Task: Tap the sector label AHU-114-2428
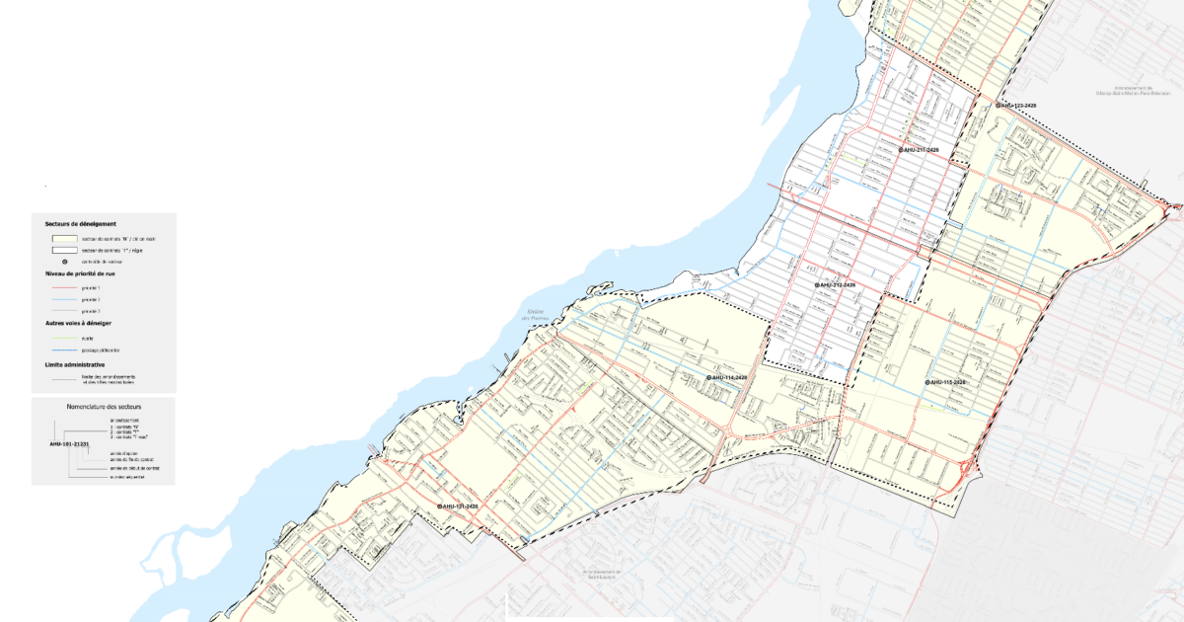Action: tap(728, 377)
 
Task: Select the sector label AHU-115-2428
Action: tap(947, 382)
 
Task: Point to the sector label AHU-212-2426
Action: tap(837, 284)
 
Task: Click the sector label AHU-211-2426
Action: tap(921, 149)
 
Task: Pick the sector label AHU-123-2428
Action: tap(1017, 104)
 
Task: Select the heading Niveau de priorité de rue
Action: tap(80, 272)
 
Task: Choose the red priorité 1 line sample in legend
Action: tap(64, 286)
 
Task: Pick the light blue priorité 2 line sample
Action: tap(64, 298)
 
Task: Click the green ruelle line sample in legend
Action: tap(64, 338)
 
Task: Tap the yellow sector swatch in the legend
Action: tap(64, 238)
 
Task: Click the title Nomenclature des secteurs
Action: tap(103, 406)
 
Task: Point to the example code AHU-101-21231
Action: tap(69, 444)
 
